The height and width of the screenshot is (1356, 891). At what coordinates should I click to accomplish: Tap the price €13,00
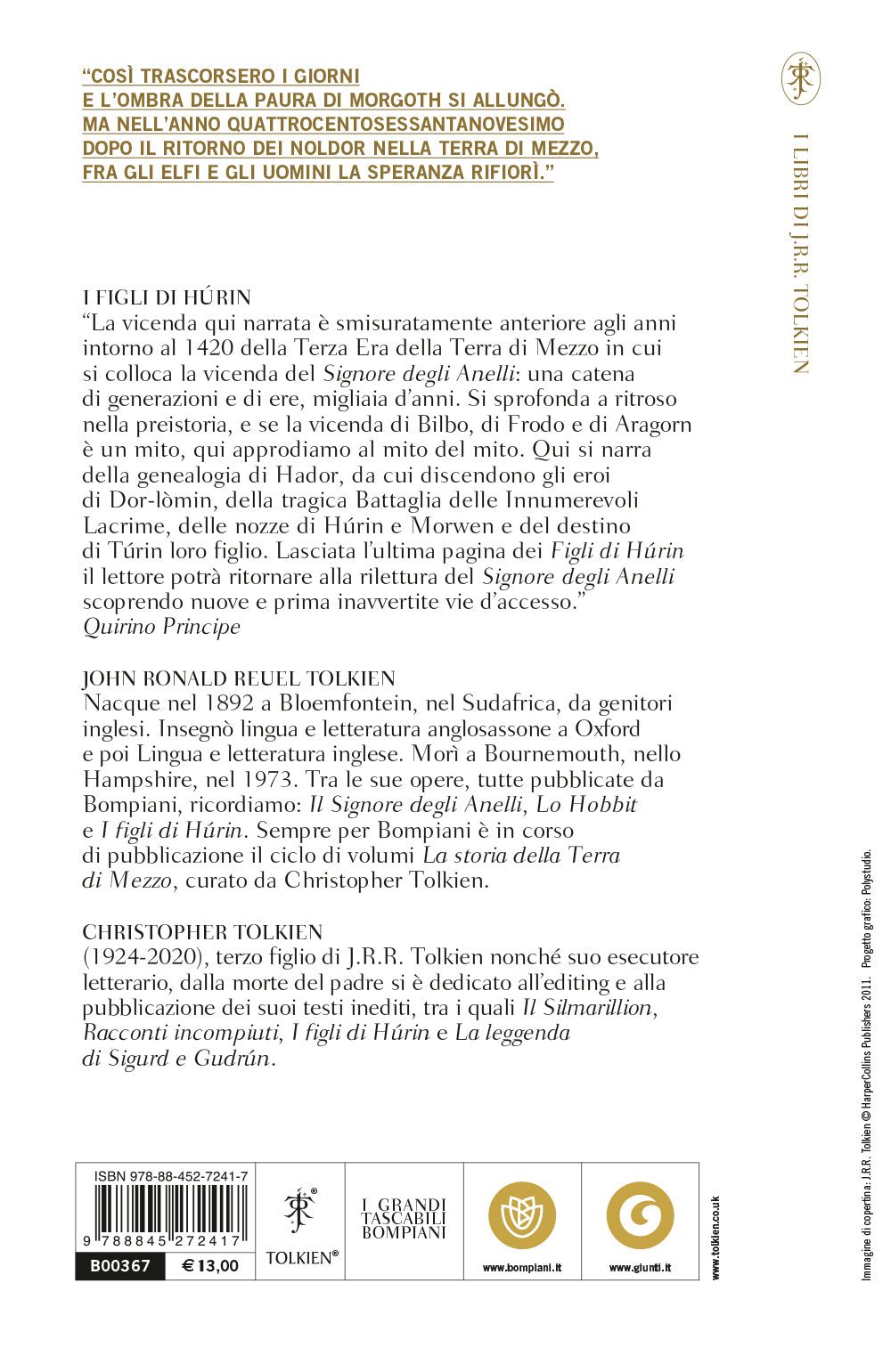[210, 1266]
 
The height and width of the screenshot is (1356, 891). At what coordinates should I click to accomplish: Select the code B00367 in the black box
[121, 1266]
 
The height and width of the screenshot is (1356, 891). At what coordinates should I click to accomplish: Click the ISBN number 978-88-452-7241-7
[170, 1176]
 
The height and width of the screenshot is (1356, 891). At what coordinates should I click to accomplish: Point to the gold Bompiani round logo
[522, 1216]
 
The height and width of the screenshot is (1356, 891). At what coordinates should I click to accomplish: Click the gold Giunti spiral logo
[640, 1216]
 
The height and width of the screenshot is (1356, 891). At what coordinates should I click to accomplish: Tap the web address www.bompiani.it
[522, 1268]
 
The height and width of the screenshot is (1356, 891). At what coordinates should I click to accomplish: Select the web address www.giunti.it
[640, 1268]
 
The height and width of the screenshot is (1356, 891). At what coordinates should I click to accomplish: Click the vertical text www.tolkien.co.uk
[715, 1238]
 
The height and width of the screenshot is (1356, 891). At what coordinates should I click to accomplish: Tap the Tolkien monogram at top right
[800, 78]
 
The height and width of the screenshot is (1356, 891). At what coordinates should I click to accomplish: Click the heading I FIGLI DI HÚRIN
[167, 297]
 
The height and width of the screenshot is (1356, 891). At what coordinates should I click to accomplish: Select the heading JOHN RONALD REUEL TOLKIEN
[239, 678]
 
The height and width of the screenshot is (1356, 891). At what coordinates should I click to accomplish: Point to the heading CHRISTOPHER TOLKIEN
[202, 932]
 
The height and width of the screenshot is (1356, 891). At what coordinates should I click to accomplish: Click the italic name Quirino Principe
[161, 627]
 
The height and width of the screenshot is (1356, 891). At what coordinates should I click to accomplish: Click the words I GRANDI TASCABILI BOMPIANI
[404, 1219]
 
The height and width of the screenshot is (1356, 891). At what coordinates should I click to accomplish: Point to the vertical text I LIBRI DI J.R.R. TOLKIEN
[800, 254]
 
